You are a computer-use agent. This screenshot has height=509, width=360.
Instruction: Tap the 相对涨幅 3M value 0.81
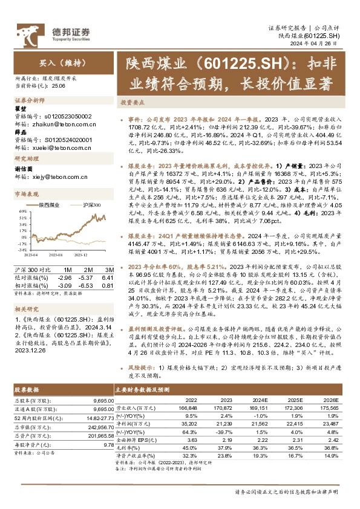click(109, 284)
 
